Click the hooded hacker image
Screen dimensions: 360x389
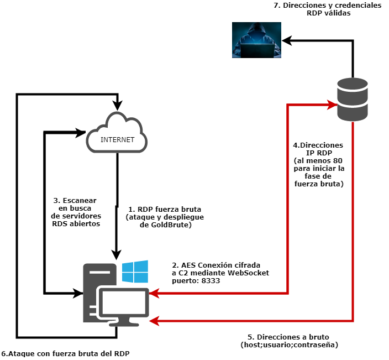(256, 40)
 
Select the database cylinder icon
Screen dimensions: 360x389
(353, 100)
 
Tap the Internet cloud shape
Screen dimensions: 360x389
(117, 133)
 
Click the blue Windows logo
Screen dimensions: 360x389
(135, 273)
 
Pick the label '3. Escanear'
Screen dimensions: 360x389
(75, 200)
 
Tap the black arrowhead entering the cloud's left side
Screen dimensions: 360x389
(81, 133)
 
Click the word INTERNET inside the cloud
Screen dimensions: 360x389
(117, 140)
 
